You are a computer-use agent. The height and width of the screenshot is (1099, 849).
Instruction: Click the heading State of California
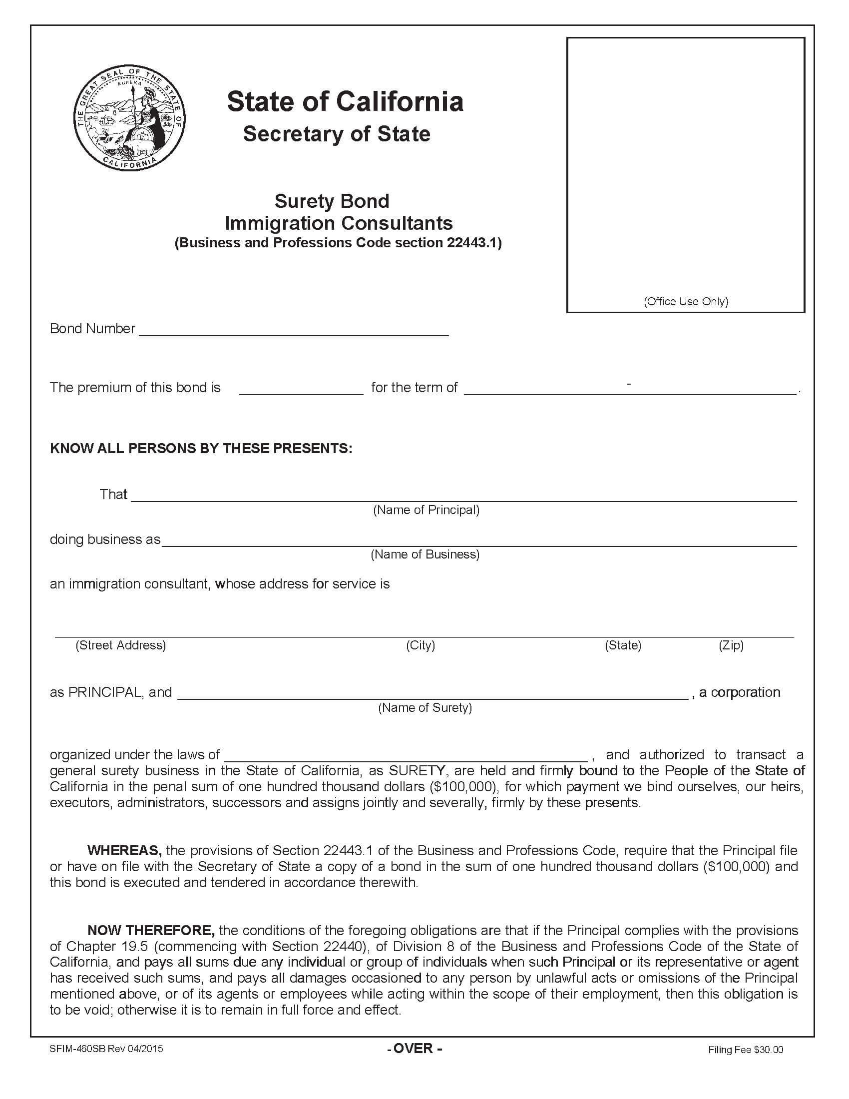coord(345,101)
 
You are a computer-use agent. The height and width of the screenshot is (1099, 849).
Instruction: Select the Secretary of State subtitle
coord(337,134)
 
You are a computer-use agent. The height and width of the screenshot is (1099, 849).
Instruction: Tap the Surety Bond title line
coord(332,201)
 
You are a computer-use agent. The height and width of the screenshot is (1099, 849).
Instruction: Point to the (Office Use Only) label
coord(686,301)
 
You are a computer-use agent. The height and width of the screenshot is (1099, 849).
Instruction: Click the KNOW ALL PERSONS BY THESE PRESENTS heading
coord(201,449)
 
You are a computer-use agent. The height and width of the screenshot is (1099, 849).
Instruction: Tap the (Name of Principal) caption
coord(426,510)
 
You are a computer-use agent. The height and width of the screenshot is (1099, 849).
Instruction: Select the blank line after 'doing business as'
coord(479,541)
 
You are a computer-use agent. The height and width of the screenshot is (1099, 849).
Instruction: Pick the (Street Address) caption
coord(121,645)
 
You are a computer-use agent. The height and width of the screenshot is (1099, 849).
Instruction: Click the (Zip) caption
coord(731,645)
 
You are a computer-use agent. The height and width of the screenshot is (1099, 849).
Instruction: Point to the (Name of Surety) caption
coord(425,708)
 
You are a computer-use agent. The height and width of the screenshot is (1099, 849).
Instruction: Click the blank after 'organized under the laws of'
coord(406,756)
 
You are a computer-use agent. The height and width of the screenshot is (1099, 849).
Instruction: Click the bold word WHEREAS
coord(124,851)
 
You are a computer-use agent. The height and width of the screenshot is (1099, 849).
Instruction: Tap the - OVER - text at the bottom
coord(415,1049)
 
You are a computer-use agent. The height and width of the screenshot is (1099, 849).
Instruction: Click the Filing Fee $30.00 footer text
coord(746,1050)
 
